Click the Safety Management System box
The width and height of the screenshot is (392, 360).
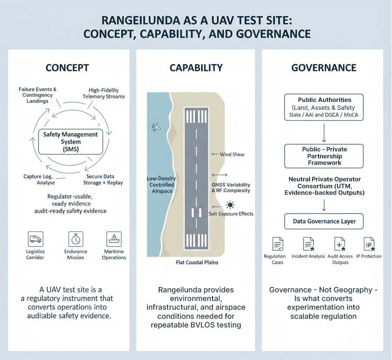click(x=70, y=141)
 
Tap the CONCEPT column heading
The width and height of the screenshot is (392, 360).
click(x=67, y=68)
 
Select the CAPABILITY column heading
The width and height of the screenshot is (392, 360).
click(x=196, y=68)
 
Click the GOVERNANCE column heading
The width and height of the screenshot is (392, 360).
click(x=323, y=68)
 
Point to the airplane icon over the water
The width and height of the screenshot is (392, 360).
click(x=157, y=127)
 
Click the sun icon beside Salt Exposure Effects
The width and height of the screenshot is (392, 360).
click(x=230, y=204)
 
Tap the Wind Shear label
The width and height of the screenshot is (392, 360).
click(x=232, y=154)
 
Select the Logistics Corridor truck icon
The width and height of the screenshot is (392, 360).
click(x=35, y=239)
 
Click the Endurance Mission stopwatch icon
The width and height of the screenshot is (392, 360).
click(x=75, y=239)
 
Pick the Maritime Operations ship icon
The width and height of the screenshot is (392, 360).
click(x=114, y=239)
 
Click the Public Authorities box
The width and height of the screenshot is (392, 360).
click(x=324, y=107)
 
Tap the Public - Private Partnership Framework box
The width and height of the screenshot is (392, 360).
click(x=324, y=156)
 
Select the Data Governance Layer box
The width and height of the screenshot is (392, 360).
click(x=324, y=221)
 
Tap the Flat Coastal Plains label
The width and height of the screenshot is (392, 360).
click(x=197, y=262)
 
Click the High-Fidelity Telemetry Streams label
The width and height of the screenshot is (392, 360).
click(x=104, y=93)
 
